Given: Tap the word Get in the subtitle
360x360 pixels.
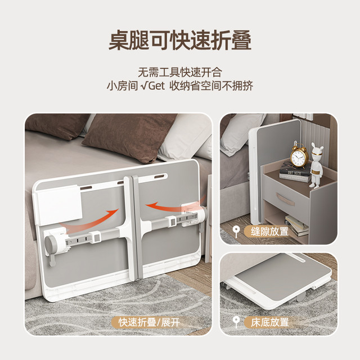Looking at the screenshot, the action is [x=156, y=86].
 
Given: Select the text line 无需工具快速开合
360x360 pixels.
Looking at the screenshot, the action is [x=180, y=73].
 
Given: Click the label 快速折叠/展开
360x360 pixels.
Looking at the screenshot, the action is [x=149, y=322].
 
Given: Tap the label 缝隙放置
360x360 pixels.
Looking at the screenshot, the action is [x=269, y=231].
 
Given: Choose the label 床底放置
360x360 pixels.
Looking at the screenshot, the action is [x=269, y=322].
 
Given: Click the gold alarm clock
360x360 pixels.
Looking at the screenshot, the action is [x=299, y=155].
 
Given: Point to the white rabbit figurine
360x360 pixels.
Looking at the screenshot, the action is [x=317, y=165].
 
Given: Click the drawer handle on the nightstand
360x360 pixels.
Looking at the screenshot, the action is [x=285, y=199].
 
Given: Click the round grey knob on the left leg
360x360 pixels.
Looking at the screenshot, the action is [x=50, y=243].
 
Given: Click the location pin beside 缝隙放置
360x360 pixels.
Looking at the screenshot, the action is [x=236, y=231].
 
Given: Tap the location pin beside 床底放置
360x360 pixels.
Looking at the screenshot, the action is [x=236, y=322].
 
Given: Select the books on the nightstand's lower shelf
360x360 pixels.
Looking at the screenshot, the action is [x=297, y=226].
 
